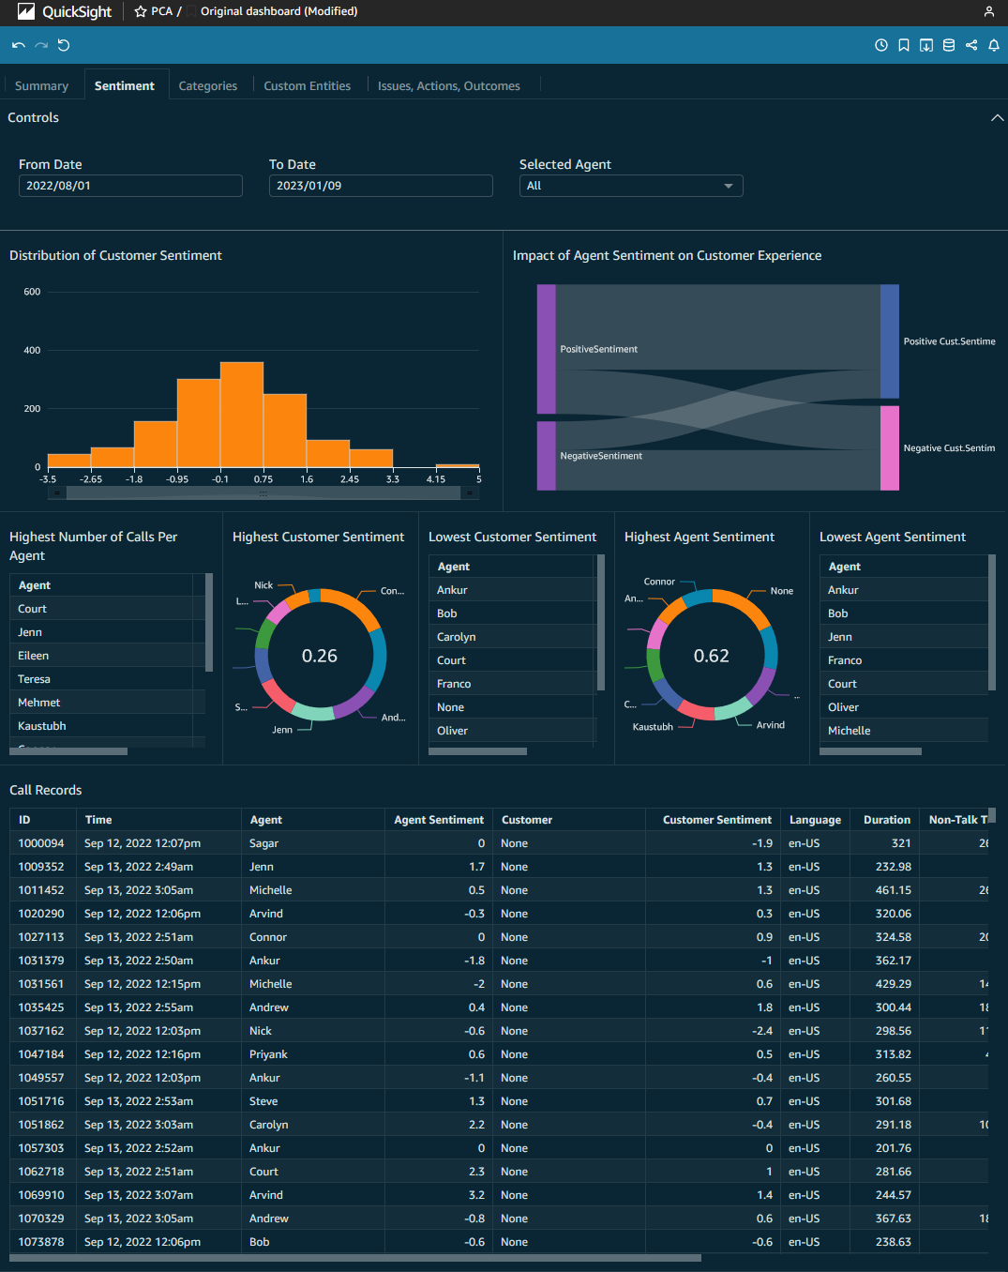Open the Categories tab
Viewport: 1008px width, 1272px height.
[207, 85]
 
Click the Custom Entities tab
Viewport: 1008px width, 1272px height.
[307, 85]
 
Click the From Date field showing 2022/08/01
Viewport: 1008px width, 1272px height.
[130, 186]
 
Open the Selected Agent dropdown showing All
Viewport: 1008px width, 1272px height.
[630, 186]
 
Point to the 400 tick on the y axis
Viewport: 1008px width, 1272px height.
[32, 350]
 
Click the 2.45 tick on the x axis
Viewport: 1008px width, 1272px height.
[350, 479]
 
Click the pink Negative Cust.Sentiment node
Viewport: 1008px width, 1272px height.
[889, 447]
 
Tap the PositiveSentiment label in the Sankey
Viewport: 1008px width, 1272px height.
[598, 349]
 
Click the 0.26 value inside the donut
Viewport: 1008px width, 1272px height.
[320, 656]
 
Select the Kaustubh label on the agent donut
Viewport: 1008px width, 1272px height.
[653, 727]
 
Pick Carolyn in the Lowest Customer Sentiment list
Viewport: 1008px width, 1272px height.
[457, 637]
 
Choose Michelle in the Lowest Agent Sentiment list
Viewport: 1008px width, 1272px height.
[849, 731]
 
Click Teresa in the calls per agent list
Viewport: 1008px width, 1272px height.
[35, 679]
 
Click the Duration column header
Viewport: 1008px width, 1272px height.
[886, 820]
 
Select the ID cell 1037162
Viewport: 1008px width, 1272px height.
[41, 1031]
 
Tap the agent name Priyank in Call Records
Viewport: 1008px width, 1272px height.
[268, 1054]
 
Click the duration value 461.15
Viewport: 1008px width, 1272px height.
[893, 890]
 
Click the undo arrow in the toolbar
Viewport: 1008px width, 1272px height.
[19, 45]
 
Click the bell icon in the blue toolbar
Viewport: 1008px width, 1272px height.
[994, 45]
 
